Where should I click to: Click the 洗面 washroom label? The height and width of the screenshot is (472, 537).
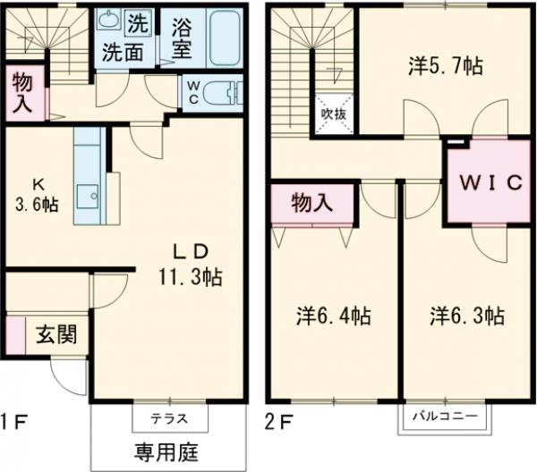coord(122,52)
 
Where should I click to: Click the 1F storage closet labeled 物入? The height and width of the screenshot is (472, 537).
coord(21,91)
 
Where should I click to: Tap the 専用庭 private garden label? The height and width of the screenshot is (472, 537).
coord(168,451)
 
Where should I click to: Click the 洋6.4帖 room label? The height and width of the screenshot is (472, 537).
coord(334,316)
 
